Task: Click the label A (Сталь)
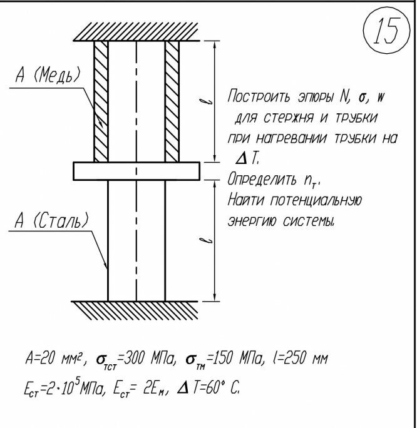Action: [51, 222]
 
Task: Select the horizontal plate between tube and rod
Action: [136, 170]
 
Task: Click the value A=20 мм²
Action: [55, 360]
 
